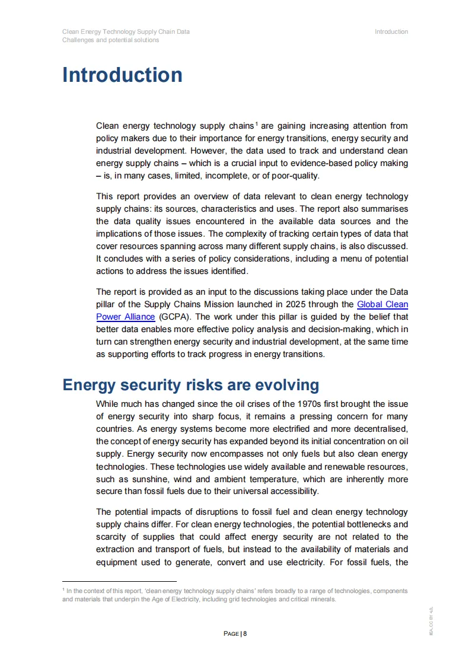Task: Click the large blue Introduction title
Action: pos(122,75)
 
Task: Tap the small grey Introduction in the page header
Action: pos(391,31)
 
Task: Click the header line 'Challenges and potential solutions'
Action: pos(110,40)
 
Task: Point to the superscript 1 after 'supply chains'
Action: pos(256,124)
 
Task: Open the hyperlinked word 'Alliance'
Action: pos(135,317)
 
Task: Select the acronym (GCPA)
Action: pos(171,317)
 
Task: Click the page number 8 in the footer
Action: pos(244,633)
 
